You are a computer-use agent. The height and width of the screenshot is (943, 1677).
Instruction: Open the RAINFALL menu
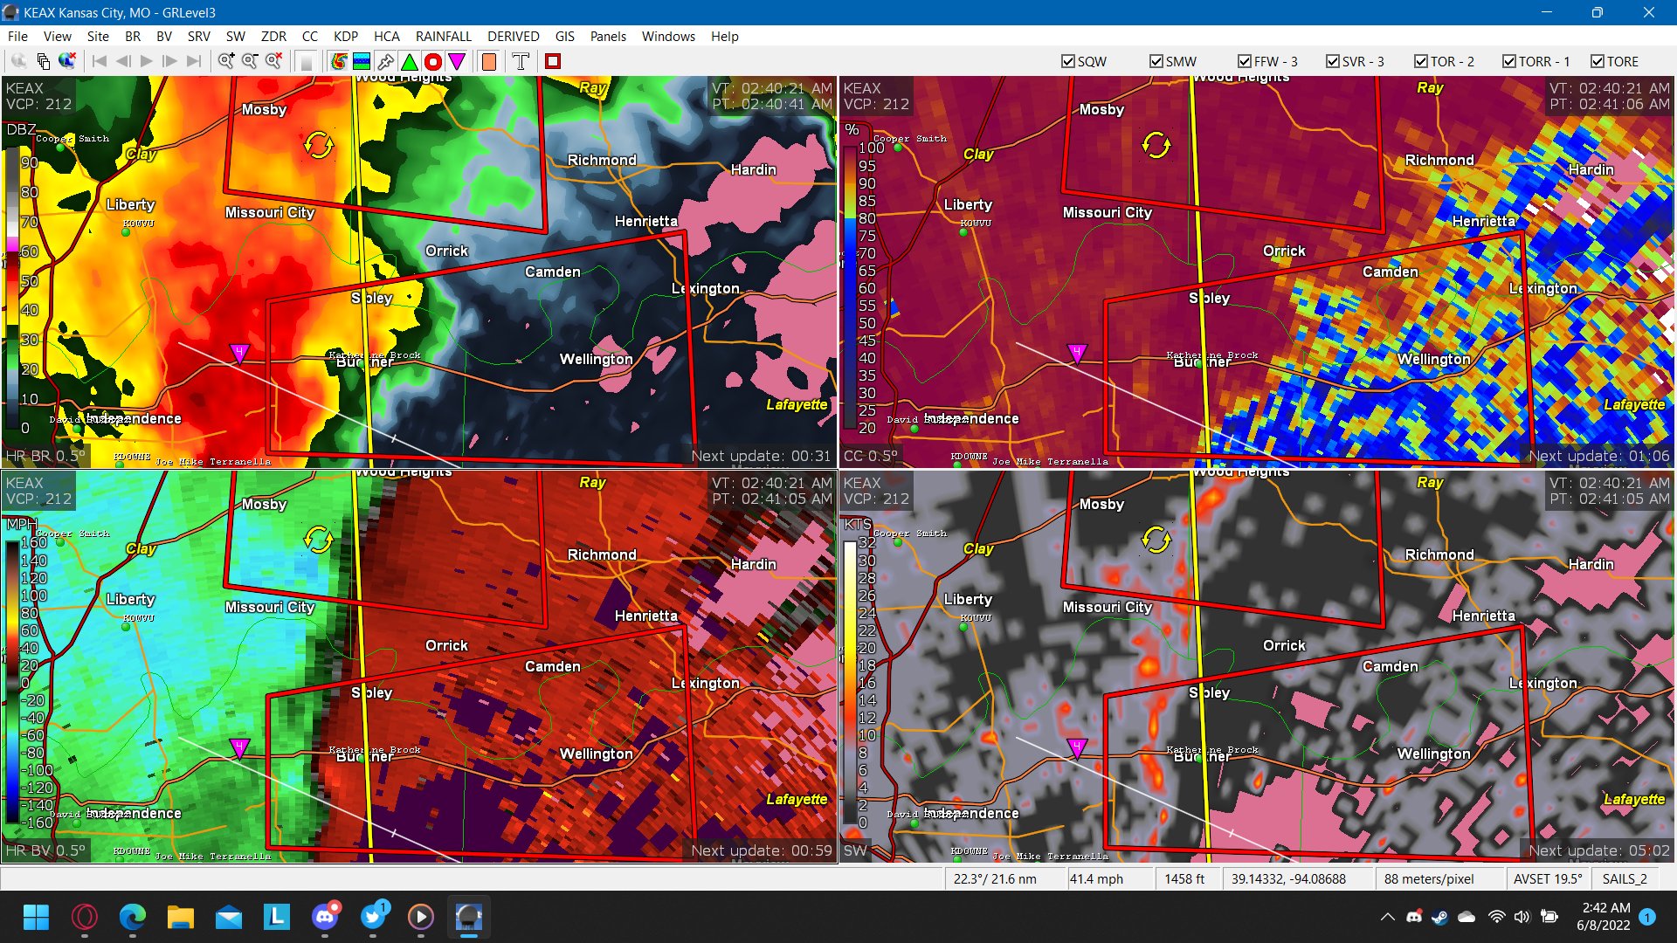(x=443, y=36)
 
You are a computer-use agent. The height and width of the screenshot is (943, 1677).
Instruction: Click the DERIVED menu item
(x=513, y=36)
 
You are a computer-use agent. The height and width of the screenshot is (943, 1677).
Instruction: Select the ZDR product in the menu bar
(x=273, y=36)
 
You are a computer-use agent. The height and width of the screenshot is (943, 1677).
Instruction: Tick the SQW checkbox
(x=1068, y=61)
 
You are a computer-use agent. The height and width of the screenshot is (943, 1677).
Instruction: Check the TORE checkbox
(x=1597, y=61)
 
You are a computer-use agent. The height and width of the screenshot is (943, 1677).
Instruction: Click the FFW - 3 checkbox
(x=1245, y=61)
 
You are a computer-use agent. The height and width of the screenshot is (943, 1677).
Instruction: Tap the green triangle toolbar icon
(x=409, y=61)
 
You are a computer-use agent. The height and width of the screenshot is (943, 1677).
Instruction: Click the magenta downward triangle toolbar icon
(x=456, y=61)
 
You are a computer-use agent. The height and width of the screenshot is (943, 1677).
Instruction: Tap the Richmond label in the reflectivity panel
(x=602, y=160)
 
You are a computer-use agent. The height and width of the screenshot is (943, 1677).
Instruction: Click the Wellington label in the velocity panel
(x=596, y=754)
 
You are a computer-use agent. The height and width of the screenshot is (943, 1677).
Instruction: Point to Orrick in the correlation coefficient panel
(x=1284, y=251)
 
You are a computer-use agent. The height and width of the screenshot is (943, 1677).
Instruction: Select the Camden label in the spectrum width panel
(x=1390, y=666)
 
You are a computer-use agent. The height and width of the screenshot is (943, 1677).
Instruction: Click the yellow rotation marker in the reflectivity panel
(x=318, y=145)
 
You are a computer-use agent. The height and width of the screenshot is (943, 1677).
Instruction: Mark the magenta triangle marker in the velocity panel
(x=239, y=747)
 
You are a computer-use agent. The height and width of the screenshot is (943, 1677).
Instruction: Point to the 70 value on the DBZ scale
(x=30, y=222)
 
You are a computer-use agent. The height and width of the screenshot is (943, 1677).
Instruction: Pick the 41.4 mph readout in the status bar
(x=1096, y=878)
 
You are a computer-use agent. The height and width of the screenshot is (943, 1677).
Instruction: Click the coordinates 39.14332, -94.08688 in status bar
(x=1288, y=878)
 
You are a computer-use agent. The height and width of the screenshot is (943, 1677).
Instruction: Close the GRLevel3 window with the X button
(x=1648, y=12)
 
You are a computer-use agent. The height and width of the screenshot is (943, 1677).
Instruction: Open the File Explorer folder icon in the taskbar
(x=181, y=917)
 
